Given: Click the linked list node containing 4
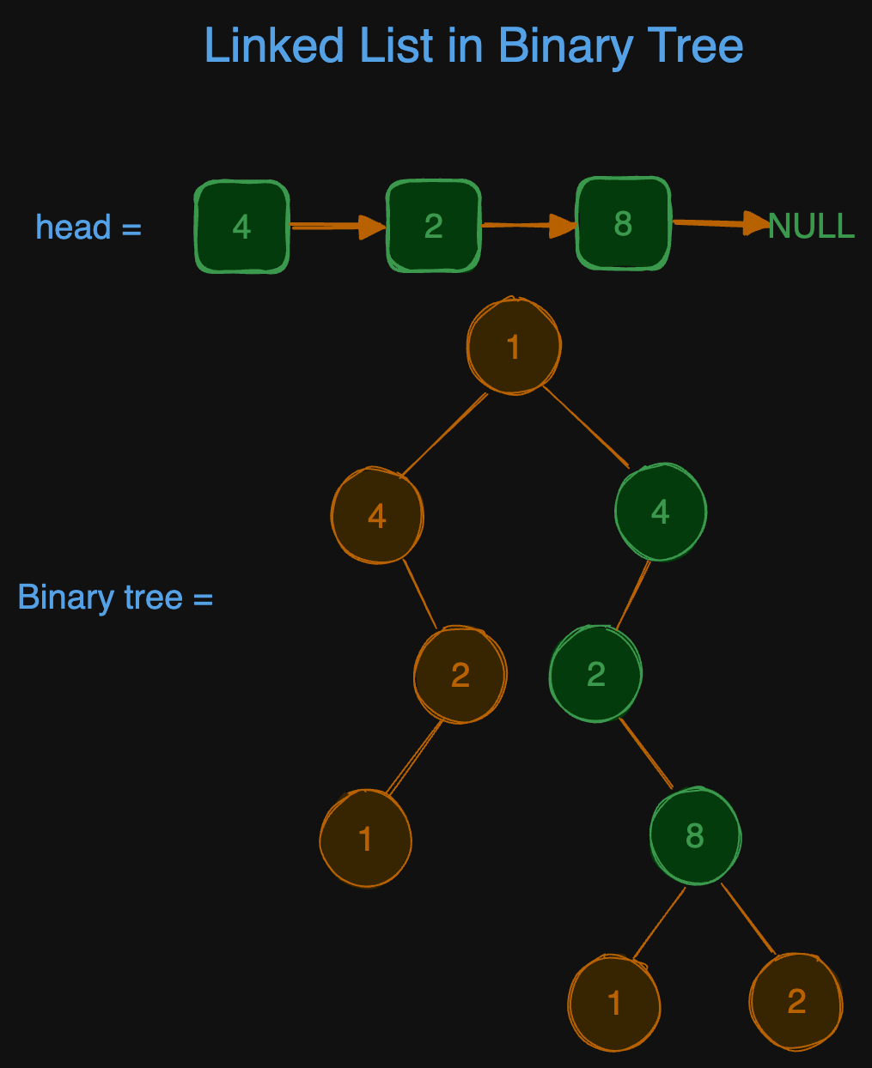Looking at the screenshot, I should (x=241, y=227).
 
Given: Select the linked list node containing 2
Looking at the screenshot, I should (x=433, y=226).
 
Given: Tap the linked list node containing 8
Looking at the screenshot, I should (x=623, y=223).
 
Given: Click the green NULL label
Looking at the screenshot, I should (x=811, y=226).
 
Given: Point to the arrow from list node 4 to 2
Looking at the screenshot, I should (x=337, y=227).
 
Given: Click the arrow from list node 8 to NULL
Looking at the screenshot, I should (x=720, y=223).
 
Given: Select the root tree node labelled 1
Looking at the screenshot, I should (x=514, y=347).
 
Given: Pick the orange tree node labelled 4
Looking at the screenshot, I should (x=377, y=515).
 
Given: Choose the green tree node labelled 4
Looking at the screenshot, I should (x=660, y=512).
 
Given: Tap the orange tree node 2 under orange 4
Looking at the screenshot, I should (x=460, y=675).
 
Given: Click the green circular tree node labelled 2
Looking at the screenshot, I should (x=595, y=674).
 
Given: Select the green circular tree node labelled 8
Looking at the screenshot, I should (x=695, y=835).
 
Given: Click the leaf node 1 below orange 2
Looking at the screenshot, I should (x=365, y=838).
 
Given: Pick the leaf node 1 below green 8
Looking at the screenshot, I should (x=614, y=1002).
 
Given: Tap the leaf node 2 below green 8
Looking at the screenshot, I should (x=796, y=1001).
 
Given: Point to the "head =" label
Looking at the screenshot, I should (x=88, y=228).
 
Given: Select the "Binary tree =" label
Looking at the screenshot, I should (x=115, y=597).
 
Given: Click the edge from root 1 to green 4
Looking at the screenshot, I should (x=586, y=427).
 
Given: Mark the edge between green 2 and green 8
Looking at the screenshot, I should (x=645, y=753).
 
